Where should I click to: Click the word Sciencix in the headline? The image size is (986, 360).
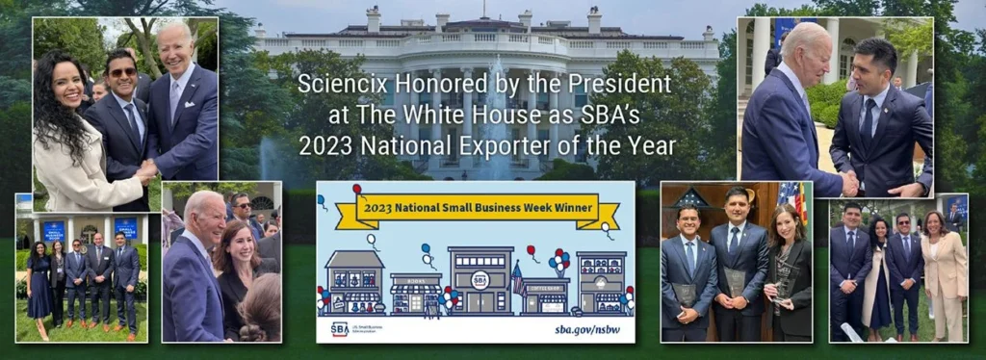coord(333,84)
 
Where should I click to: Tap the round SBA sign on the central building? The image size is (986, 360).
coord(480,280)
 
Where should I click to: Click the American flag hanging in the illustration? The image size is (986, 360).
coord(519,280)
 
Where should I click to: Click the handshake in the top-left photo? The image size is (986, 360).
coord(145,173)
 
